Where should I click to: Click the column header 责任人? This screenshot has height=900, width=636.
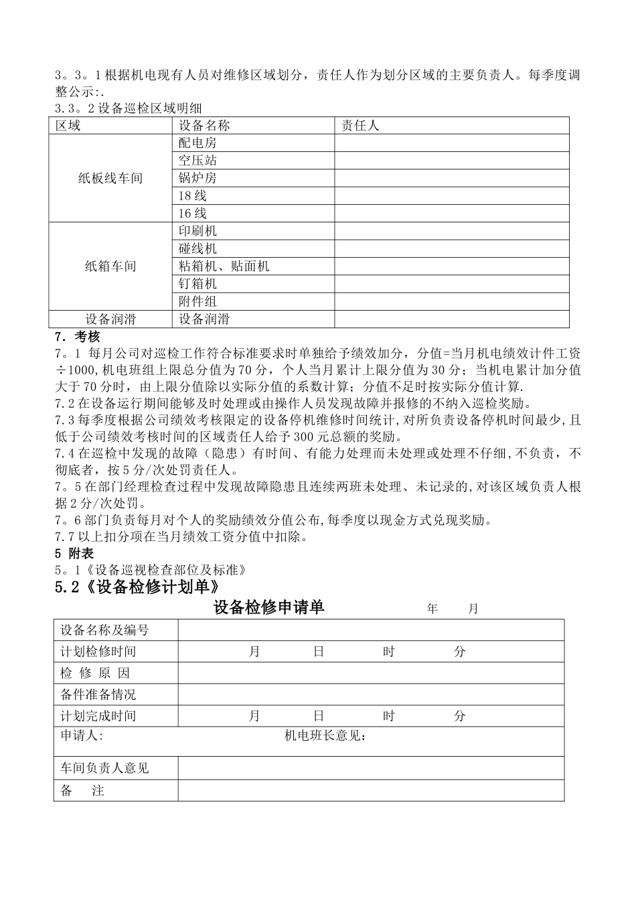pyautogui.click(x=360, y=125)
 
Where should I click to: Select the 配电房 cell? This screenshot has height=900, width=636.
pyautogui.click(x=197, y=143)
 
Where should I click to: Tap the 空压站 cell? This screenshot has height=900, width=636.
pyautogui.click(x=197, y=160)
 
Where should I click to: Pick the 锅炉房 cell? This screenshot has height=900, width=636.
pyautogui.click(x=197, y=178)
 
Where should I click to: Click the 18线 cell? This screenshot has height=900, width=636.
pyautogui.click(x=192, y=196)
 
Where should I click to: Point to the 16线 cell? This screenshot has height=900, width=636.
pyautogui.click(x=192, y=213)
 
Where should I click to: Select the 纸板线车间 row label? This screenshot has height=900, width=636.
pyautogui.click(x=110, y=178)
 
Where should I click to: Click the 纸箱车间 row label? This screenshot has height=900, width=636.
pyautogui.click(x=110, y=267)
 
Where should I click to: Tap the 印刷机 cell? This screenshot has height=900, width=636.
pyautogui.click(x=197, y=231)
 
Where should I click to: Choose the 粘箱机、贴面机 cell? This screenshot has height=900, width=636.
pyautogui.click(x=224, y=267)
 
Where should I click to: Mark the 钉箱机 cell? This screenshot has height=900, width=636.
pyautogui.click(x=197, y=284)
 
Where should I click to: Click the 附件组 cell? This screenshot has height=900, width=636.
pyautogui.click(x=197, y=301)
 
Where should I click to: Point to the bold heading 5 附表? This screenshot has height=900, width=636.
pyautogui.click(x=74, y=553)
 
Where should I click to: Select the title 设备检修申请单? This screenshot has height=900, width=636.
pyautogui.click(x=268, y=607)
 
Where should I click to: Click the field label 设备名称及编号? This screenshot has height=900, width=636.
pyautogui.click(x=104, y=630)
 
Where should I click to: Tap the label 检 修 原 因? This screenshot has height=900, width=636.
pyautogui.click(x=95, y=673)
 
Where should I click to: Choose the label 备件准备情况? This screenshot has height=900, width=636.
pyautogui.click(x=98, y=694)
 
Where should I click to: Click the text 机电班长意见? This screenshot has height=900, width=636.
pyautogui.click(x=325, y=737)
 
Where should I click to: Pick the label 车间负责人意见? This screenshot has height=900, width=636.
pyautogui.click(x=104, y=768)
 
